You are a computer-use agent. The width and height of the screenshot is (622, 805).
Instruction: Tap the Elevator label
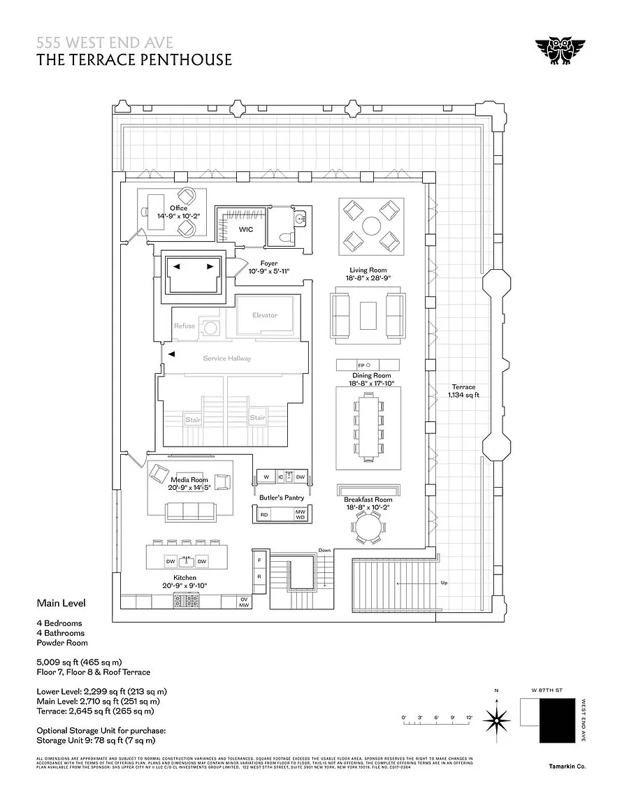point(265,315)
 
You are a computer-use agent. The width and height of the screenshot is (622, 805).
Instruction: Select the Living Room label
point(368,270)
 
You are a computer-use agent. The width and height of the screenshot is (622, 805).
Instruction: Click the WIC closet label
point(247,229)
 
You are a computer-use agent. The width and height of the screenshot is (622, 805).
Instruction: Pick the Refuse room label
point(185,326)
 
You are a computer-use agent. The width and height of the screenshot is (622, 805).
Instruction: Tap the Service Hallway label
point(226,358)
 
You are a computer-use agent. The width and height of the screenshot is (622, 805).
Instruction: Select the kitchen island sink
point(185,560)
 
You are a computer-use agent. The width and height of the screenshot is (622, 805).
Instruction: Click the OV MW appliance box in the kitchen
point(244,602)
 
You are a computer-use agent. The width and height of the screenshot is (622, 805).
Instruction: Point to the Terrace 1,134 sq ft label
point(463,391)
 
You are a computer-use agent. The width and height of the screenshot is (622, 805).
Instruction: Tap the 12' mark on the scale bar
point(470,718)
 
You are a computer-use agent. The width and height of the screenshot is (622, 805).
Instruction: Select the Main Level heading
point(62,602)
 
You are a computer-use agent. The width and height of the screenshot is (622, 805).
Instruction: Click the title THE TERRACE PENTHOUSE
point(134,60)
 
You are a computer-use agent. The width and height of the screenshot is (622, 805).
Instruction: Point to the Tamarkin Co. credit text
point(567,767)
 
